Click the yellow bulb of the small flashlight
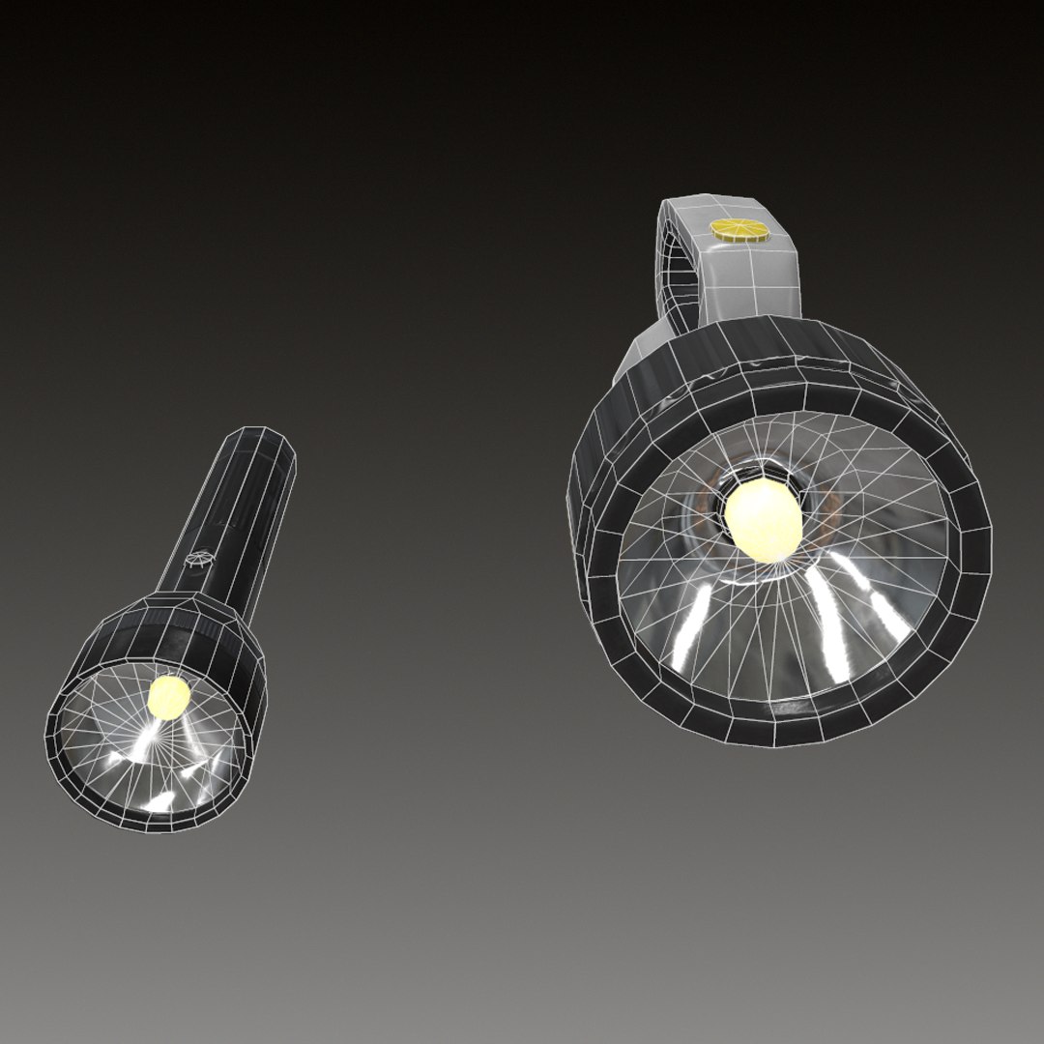pyautogui.click(x=169, y=696)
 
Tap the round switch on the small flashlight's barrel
pyautogui.click(x=199, y=561)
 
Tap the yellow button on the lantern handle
pyautogui.click(x=739, y=230)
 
